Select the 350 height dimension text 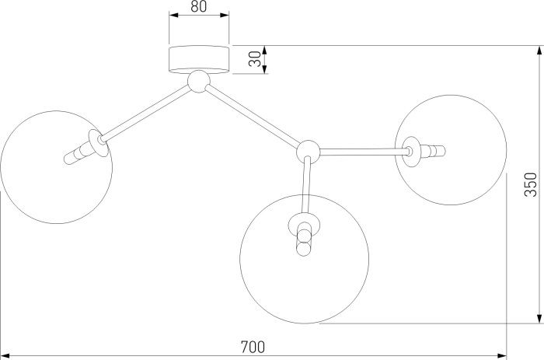click(x=531, y=183)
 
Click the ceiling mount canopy click(x=200, y=59)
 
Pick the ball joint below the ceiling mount click(x=199, y=80)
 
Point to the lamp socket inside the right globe click(x=427, y=149)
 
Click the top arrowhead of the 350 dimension click(x=538, y=51)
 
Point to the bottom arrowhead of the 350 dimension click(x=538, y=317)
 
